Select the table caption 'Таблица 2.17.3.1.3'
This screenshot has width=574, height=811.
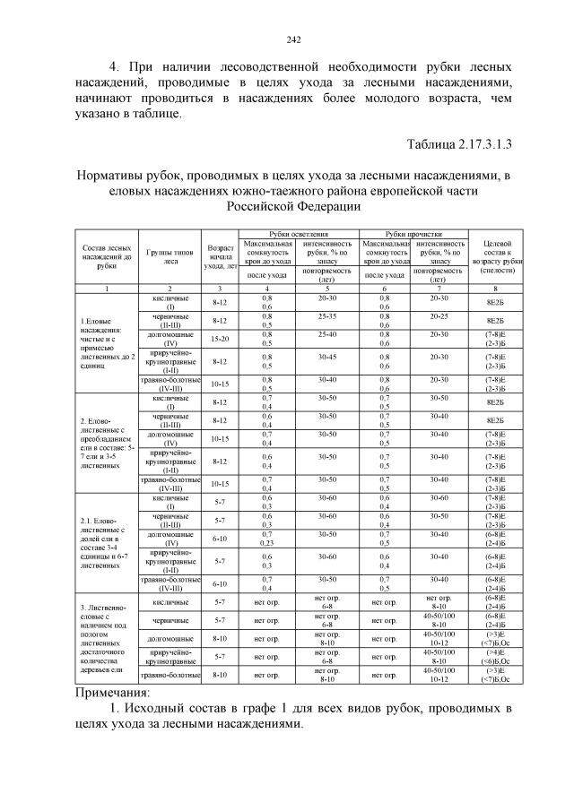tap(459, 143)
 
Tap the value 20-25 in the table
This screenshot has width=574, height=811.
tap(439, 316)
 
